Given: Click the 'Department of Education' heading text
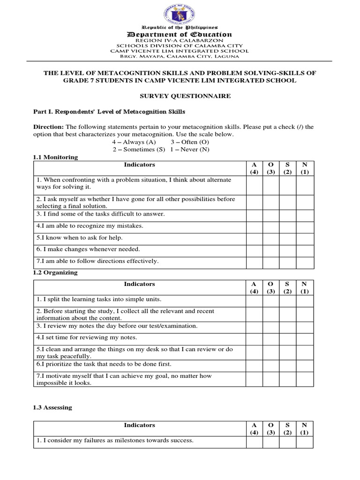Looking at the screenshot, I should [180, 34].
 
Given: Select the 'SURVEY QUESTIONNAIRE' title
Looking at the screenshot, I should [180, 96].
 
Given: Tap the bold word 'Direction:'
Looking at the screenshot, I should [49, 127].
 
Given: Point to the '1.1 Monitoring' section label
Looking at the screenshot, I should [55, 157].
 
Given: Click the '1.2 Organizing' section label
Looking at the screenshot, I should [55, 272].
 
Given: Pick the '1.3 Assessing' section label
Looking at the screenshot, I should [52, 407].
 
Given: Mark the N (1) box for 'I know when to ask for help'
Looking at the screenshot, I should [305, 238].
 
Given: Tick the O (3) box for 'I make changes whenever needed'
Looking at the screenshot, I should [271, 249].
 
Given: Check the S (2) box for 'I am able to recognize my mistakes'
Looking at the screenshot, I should [288, 226].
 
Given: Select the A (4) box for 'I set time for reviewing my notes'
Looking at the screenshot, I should [254, 337].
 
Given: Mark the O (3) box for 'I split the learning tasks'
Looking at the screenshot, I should [271, 300].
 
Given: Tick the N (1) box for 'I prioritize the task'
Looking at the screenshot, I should [305, 364].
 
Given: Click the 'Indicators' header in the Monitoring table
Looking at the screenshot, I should [139, 165].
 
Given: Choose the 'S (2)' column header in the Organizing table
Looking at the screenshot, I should [288, 287].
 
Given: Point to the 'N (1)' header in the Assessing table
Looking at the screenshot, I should [305, 428].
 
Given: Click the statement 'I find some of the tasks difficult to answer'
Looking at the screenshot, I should [100, 214].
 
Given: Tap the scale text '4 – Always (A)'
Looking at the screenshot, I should [134, 142].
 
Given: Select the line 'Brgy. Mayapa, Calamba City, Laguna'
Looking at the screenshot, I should [180, 57].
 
